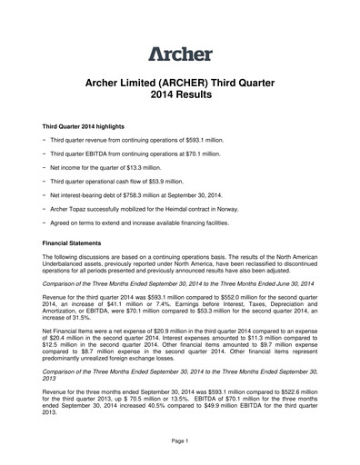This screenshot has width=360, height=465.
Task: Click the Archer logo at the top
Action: pos(180,54)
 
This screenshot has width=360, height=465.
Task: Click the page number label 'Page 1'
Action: pos(179,440)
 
